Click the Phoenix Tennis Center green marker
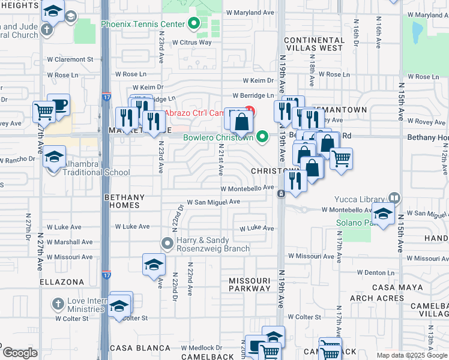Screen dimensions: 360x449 [194, 25]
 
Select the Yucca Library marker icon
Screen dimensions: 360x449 [394, 197]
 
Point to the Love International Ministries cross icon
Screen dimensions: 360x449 [58, 303]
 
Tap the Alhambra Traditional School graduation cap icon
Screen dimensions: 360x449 [54, 158]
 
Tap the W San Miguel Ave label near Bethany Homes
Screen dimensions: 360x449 [214, 203]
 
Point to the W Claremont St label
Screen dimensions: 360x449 [70, 59]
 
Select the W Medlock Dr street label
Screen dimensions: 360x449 [202, 348]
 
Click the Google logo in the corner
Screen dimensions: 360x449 [20, 353]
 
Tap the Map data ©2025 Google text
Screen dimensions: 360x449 [412, 355]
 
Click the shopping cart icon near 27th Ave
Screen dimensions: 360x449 [44, 110]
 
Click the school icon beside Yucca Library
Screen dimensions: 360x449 [382, 213]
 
